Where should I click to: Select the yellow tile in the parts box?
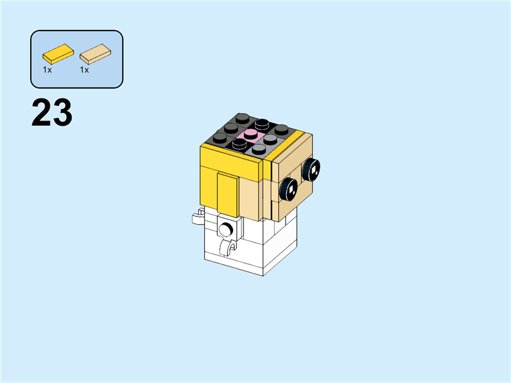[56, 52]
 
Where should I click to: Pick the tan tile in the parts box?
[94, 54]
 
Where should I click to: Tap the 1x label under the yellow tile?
[47, 70]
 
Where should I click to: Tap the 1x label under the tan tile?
[84, 70]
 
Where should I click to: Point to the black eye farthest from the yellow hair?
[312, 169]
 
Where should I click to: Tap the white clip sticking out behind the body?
[198, 217]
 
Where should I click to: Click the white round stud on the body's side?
[225, 228]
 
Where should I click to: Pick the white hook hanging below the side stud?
[225, 248]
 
